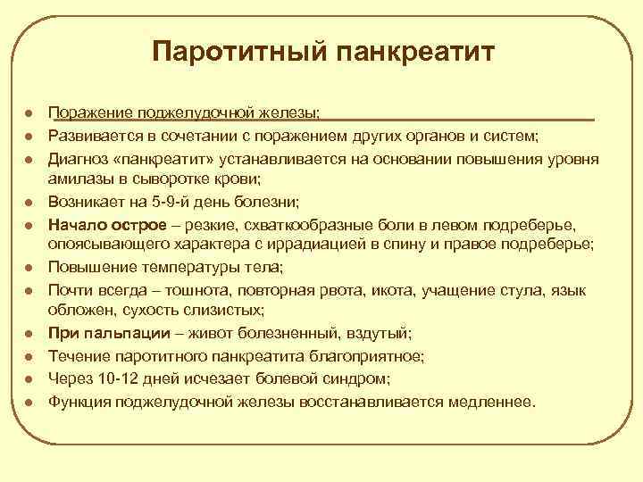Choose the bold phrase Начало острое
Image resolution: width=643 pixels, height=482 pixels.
[99, 221]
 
